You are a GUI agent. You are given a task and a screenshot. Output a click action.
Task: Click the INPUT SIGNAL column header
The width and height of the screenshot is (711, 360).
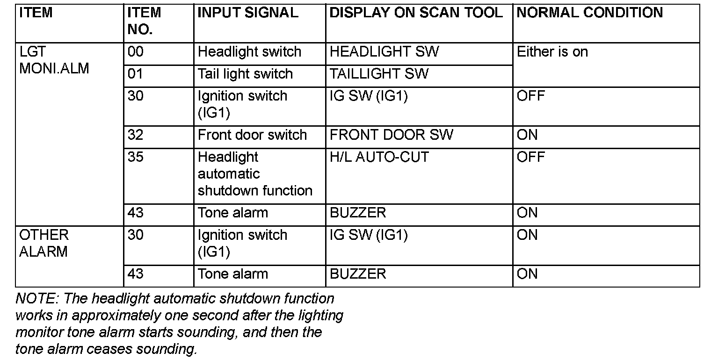[248, 13]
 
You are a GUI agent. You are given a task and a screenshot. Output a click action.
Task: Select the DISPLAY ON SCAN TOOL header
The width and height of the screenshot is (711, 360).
[416, 13]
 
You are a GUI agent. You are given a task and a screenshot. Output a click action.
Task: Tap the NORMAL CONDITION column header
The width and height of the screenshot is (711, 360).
[590, 13]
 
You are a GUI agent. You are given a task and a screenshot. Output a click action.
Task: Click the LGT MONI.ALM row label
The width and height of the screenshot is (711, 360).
[54, 60]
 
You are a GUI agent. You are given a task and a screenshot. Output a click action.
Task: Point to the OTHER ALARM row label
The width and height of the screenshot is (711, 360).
[44, 243]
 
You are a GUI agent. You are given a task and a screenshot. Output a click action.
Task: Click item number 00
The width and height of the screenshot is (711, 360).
[136, 52]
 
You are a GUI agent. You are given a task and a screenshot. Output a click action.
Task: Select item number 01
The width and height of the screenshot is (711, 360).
[135, 74]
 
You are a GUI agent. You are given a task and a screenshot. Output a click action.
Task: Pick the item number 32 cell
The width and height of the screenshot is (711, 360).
[136, 135]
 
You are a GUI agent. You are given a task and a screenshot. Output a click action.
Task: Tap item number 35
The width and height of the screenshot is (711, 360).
[136, 157]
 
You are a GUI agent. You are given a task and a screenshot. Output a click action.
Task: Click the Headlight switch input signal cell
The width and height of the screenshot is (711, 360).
[249, 52]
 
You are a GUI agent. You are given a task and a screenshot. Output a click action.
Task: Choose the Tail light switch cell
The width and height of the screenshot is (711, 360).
[245, 74]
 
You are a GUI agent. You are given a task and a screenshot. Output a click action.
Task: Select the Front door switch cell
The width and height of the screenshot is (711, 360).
[252, 135]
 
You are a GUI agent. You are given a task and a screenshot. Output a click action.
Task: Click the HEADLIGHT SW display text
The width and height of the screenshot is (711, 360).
[385, 52]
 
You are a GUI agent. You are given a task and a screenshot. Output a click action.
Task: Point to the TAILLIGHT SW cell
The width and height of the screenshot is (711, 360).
[379, 74]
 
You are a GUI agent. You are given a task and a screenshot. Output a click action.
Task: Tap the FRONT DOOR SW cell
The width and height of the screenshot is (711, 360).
[392, 135]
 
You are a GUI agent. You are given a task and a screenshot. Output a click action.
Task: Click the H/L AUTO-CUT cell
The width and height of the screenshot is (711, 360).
[379, 157]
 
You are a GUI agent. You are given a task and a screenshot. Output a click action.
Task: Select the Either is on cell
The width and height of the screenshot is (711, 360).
[552, 52]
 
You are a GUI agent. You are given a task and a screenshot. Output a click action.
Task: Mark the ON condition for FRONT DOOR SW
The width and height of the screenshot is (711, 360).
[527, 135]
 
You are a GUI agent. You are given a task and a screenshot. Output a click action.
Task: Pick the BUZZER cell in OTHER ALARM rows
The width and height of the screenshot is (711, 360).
[358, 274]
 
